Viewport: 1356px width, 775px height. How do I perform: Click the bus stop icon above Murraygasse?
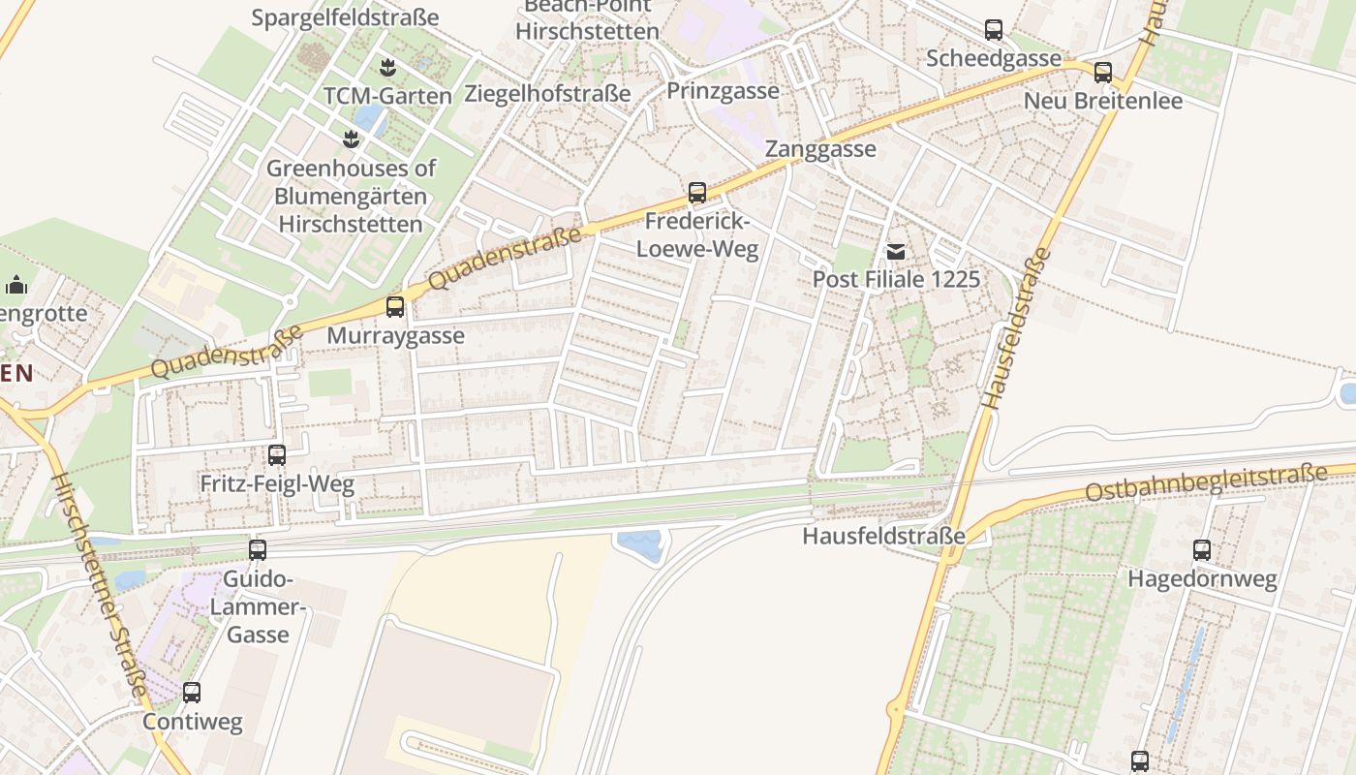(x=395, y=307)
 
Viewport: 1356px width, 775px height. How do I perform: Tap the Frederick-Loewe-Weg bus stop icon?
(x=697, y=193)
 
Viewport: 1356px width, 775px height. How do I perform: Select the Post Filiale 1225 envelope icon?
(x=897, y=252)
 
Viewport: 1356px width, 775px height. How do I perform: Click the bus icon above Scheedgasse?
(x=994, y=30)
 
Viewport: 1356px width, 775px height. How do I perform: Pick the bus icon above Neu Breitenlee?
(x=1103, y=72)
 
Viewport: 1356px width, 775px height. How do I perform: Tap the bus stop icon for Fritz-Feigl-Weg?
(x=277, y=455)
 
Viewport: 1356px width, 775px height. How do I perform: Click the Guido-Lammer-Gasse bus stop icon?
(x=258, y=550)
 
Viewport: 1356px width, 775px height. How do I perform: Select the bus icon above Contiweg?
(x=192, y=693)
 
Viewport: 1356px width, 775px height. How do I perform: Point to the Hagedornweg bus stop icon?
(x=1202, y=550)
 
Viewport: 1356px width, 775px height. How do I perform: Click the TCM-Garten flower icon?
(x=387, y=68)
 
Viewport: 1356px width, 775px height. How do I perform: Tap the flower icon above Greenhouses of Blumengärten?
(x=351, y=139)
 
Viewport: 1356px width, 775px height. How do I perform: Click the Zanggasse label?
(x=820, y=149)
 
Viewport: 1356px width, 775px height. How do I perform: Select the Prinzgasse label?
(x=723, y=91)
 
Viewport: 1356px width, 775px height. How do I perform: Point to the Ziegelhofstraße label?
(x=547, y=94)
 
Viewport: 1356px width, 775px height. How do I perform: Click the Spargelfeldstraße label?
(x=345, y=17)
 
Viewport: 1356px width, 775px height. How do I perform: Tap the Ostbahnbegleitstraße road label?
(x=1205, y=482)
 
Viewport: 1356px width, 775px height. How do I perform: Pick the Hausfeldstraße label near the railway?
(x=883, y=536)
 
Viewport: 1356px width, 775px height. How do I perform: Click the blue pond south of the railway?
(x=639, y=544)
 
